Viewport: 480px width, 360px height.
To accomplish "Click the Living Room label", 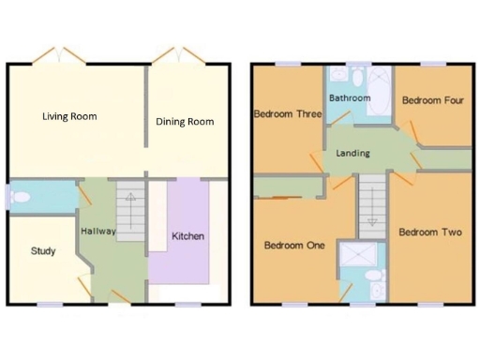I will click(x=69, y=117).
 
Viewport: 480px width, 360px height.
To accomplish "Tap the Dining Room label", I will click(x=186, y=121).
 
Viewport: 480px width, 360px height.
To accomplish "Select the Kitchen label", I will click(x=187, y=236).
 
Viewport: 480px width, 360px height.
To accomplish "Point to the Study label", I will click(x=43, y=250).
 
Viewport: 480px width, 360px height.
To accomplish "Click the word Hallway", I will click(x=97, y=232).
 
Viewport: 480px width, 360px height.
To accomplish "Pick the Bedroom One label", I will click(x=293, y=246).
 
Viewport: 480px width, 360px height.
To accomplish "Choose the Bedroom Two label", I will click(x=429, y=232).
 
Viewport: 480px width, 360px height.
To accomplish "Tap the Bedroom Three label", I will click(x=288, y=114).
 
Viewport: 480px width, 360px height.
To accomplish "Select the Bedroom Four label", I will click(x=432, y=99).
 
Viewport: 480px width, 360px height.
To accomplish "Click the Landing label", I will click(x=352, y=153).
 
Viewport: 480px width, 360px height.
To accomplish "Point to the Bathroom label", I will click(x=350, y=97).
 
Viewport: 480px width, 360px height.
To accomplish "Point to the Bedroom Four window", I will click(x=432, y=64).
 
